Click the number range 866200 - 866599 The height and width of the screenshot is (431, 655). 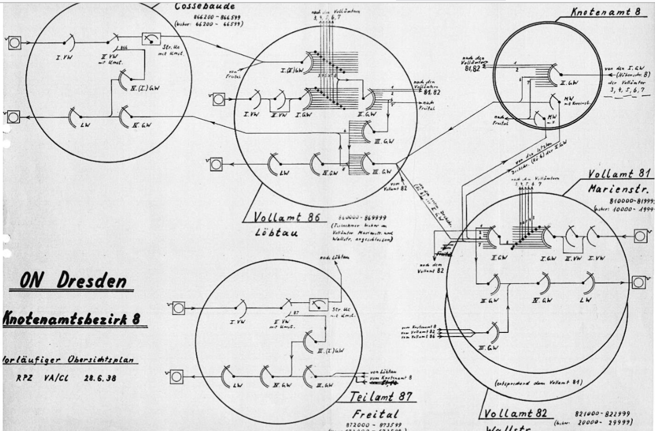[209, 17]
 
